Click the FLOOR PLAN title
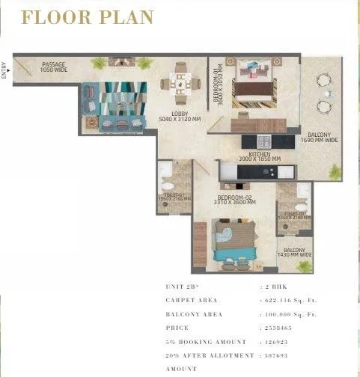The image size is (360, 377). (x=88, y=17)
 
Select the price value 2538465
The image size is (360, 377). (x=277, y=328)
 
